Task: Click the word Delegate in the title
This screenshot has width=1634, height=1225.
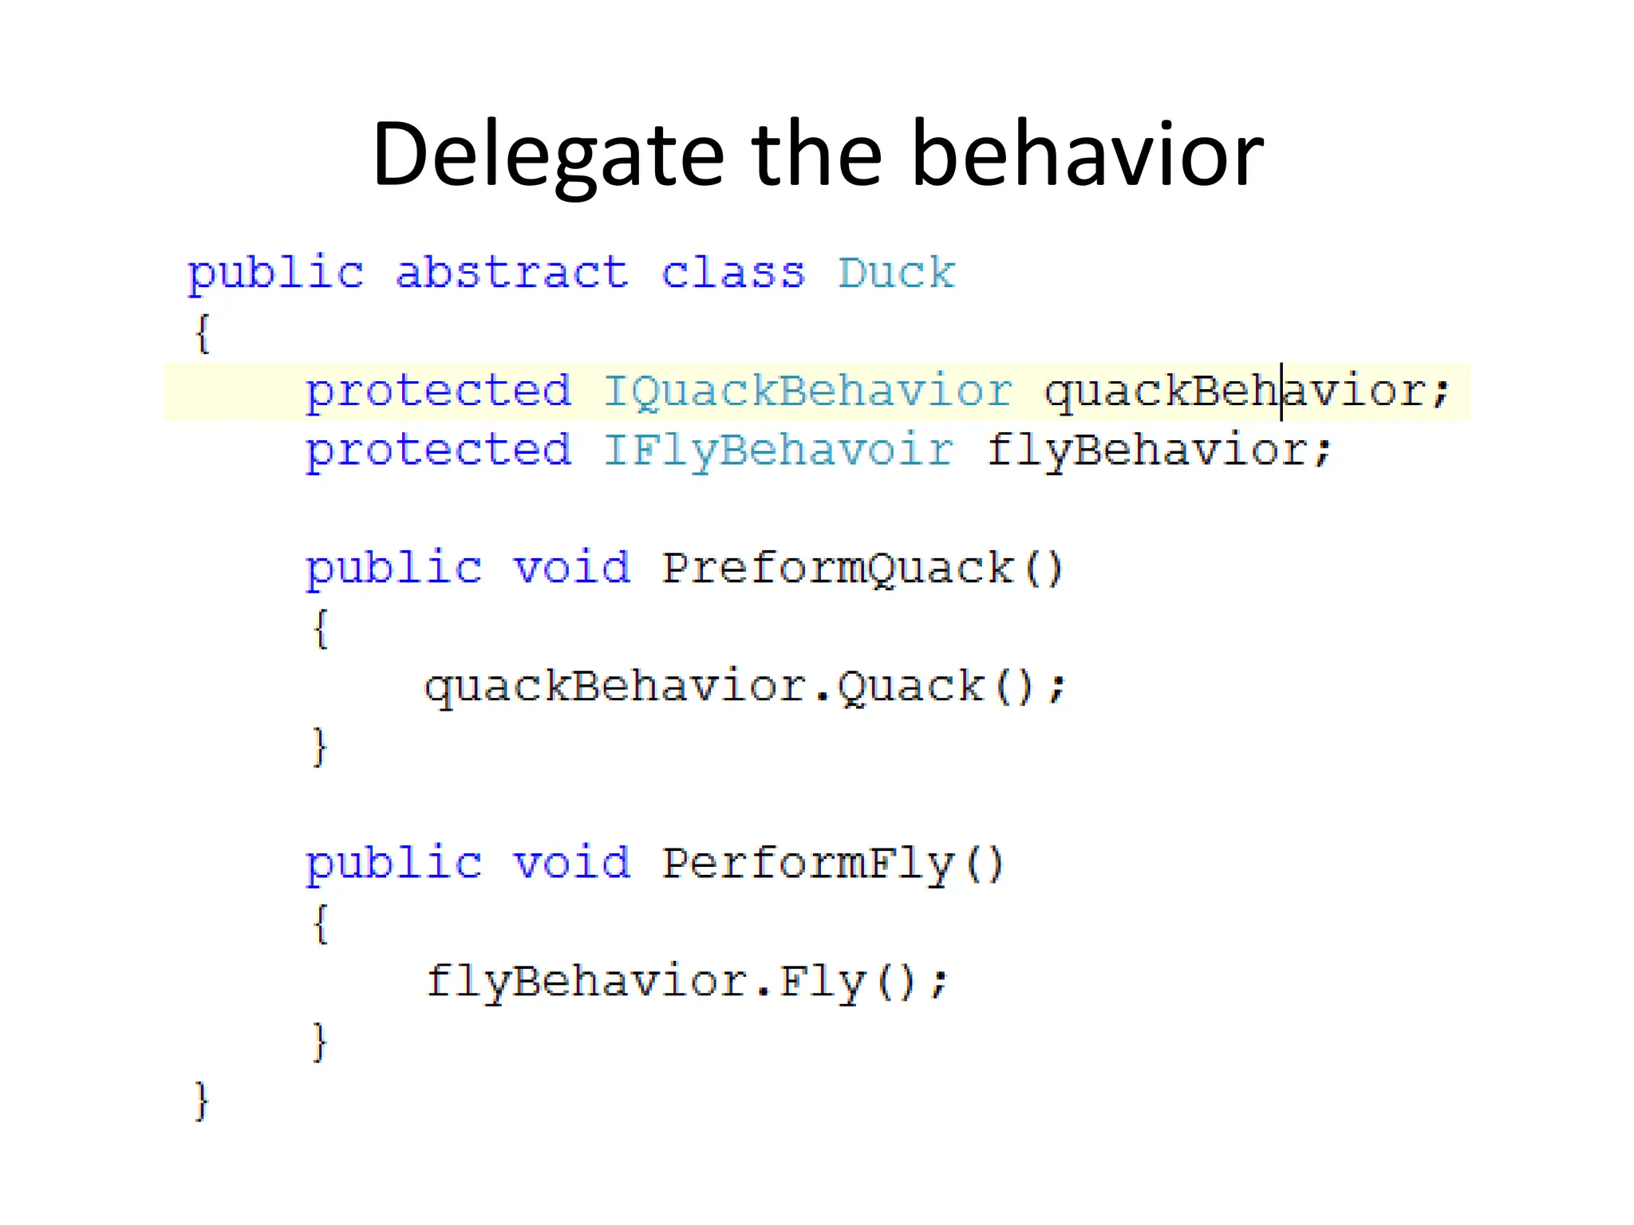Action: [x=547, y=155]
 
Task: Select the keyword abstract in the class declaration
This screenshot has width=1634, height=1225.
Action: [x=511, y=273]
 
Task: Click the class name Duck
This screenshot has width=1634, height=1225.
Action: [x=896, y=273]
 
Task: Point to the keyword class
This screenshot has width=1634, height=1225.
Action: [x=732, y=273]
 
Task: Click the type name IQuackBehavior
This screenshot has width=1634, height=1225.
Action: [x=807, y=391]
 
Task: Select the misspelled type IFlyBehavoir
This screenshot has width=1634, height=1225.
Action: [x=778, y=450]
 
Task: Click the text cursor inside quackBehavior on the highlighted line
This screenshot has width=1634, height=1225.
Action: [x=1281, y=391]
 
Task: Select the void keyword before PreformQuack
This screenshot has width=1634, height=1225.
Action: [x=570, y=568]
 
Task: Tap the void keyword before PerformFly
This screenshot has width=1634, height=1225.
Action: [x=570, y=863]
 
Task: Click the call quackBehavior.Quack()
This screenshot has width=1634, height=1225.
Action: [x=744, y=687]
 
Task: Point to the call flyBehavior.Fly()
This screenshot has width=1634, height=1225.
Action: [x=686, y=981]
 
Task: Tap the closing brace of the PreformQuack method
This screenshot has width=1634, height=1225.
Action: [x=320, y=746]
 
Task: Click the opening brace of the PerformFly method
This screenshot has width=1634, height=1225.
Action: [x=320, y=923]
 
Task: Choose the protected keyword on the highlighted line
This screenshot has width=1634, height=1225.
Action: [x=438, y=391]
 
